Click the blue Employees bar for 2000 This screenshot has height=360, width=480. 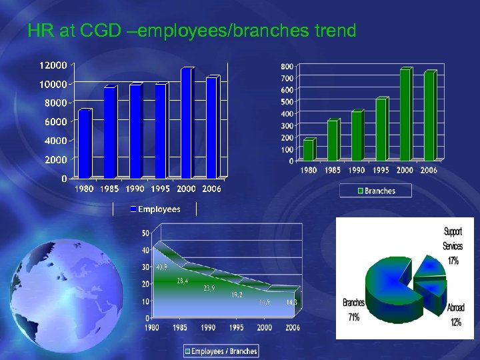tap(187, 123)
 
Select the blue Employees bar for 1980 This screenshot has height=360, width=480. tap(84, 143)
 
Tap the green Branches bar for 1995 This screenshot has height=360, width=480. tap(381, 130)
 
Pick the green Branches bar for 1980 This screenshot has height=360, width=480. tap(307, 150)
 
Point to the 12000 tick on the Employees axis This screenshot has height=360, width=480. tap(53, 65)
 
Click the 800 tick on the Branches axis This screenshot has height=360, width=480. tap(287, 67)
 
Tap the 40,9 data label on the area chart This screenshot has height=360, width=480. tap(161, 267)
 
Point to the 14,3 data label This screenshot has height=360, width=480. tap(291, 303)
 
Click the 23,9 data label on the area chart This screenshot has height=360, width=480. tap(209, 288)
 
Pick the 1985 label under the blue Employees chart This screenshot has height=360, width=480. tap(109, 189)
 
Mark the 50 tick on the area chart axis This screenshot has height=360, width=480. tap(145, 233)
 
